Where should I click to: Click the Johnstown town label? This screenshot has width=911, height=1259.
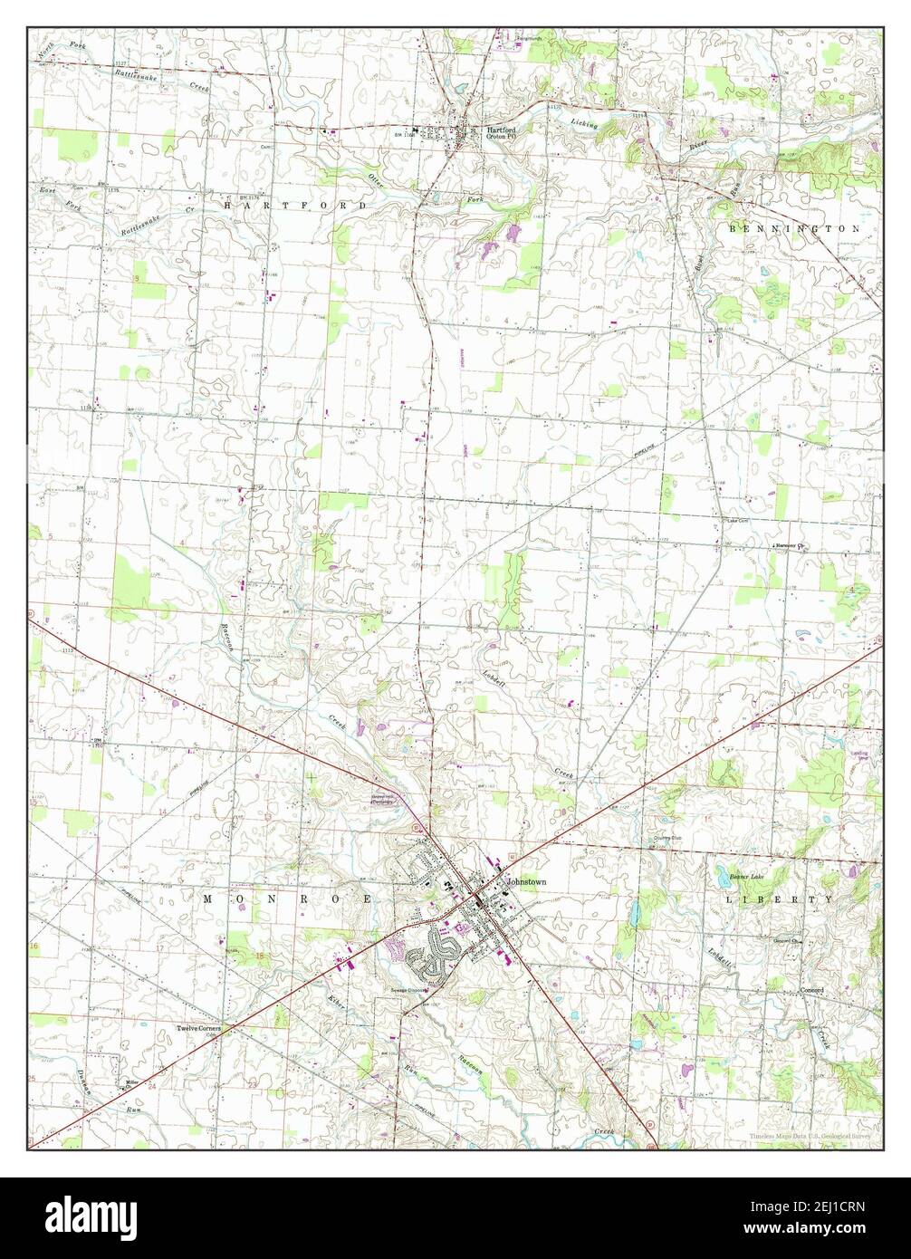tap(526, 880)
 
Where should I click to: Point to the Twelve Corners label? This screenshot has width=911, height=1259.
tap(198, 1029)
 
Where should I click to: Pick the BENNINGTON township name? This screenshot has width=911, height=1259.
tap(794, 229)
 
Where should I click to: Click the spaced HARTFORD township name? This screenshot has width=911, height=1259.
tap(295, 206)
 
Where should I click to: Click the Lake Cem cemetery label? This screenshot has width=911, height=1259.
tap(738, 521)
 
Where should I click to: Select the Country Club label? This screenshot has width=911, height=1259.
tap(666, 838)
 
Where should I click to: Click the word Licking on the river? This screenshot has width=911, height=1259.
tap(584, 122)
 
